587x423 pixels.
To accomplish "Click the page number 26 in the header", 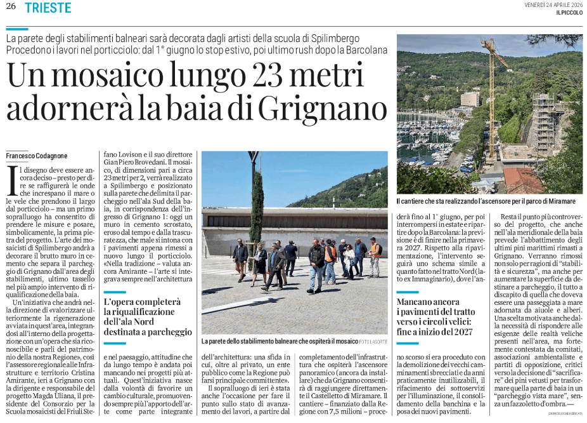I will (x=11, y=8).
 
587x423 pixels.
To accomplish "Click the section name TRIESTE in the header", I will (x=49, y=8).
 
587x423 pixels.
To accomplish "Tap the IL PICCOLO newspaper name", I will (x=569, y=13).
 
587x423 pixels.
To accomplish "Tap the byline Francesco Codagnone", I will (x=37, y=156).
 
